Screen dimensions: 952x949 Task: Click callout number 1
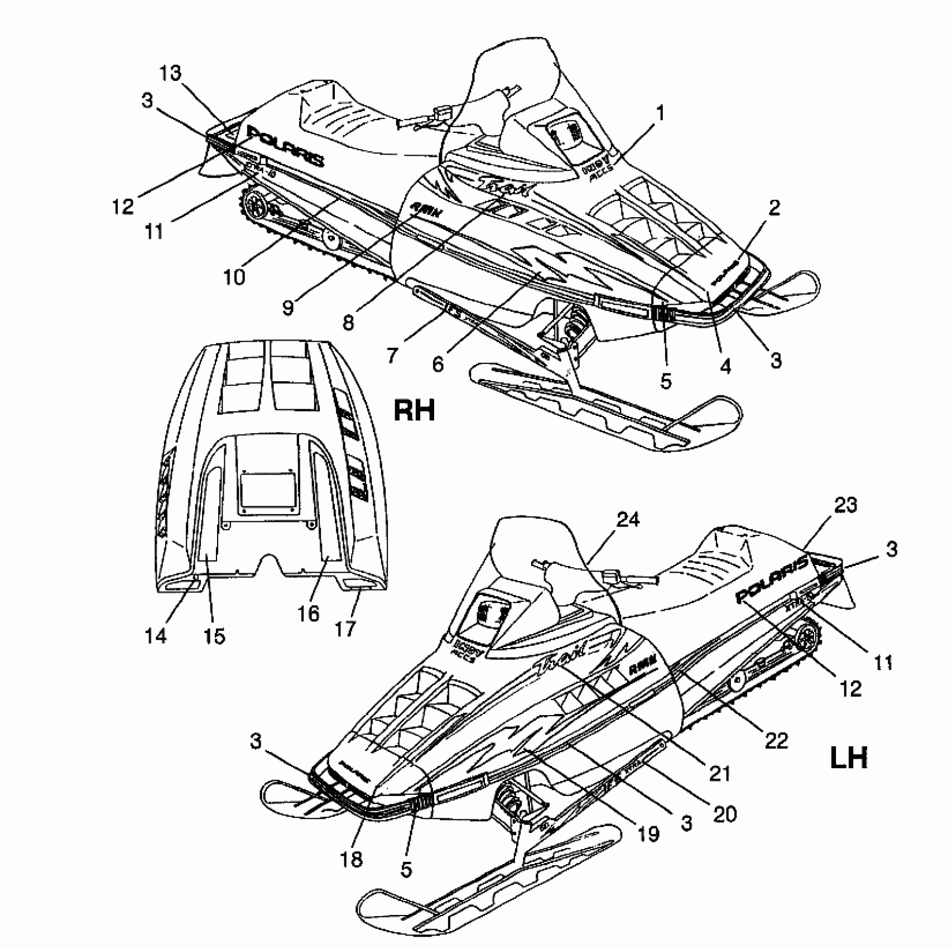pos(660,114)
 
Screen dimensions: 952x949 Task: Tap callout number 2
pos(773,209)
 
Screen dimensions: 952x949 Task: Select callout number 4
pos(725,366)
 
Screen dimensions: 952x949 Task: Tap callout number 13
pos(172,73)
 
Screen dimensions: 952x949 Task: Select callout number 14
pos(156,635)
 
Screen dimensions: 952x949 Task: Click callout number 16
pos(308,614)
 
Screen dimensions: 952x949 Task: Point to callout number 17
pos(345,629)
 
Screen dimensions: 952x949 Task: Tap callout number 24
pos(627,520)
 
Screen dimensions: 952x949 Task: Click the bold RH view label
pos(414,411)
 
